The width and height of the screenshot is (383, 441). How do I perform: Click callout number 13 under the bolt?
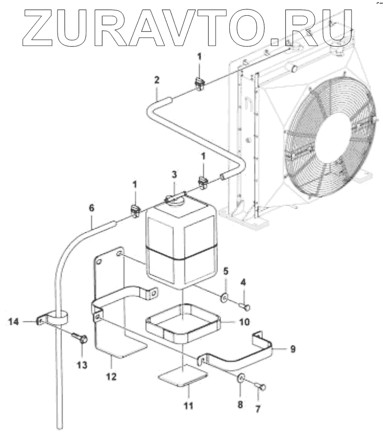pyautogui.click(x=80, y=365)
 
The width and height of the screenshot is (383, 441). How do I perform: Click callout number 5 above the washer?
pyautogui.click(x=226, y=271)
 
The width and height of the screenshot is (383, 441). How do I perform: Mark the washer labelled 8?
pyautogui.click(x=241, y=379)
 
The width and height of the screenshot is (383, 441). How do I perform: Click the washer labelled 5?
pyautogui.click(x=224, y=298)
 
